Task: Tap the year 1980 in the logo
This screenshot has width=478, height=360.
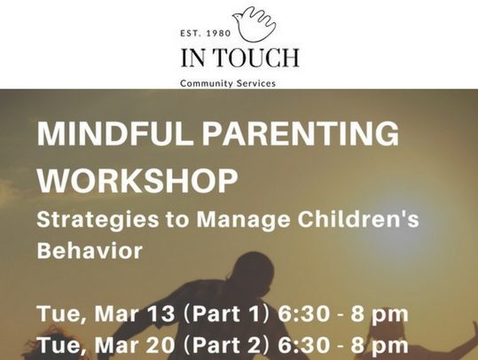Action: click(218, 33)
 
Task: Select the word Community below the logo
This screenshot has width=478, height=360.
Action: click(203, 83)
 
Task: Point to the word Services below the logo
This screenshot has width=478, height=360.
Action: click(252, 83)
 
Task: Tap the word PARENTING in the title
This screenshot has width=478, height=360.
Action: click(301, 133)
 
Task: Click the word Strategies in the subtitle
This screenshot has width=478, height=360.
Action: click(98, 220)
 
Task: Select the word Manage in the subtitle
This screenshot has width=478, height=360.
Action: click(243, 220)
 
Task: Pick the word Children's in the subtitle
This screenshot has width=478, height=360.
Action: click(358, 219)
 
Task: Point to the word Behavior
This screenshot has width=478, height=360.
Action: click(90, 250)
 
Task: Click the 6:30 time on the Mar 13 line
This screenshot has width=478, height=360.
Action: click(303, 314)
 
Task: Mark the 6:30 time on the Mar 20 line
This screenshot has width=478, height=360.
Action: click(303, 345)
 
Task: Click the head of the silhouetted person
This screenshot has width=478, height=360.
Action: click(252, 268)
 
